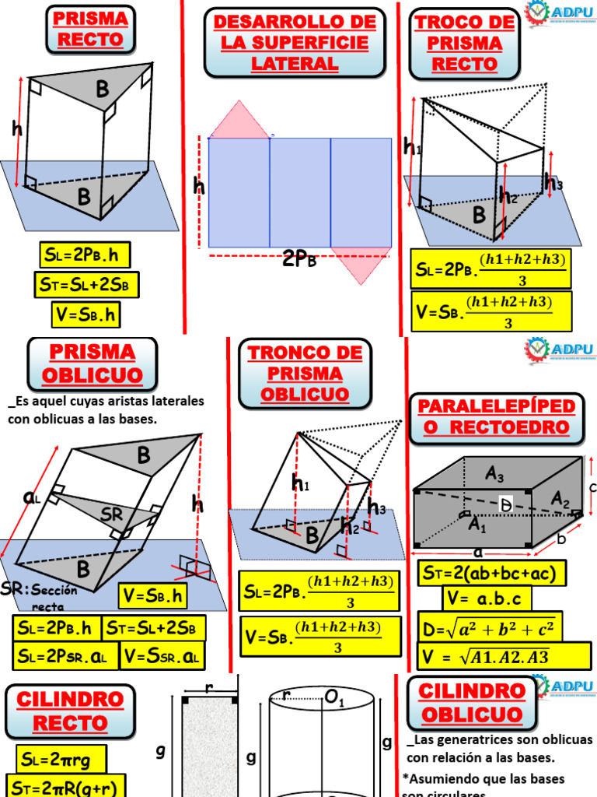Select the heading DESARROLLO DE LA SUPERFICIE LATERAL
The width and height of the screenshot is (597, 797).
coord(295,43)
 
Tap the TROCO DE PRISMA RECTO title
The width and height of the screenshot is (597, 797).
coord(465,43)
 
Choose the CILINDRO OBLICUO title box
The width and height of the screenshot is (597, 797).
coord(472,703)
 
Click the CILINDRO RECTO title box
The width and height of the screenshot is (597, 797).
coord(70,711)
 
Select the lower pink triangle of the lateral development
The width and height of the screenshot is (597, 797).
coord(361,264)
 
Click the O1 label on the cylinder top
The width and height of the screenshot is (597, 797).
coord(335,700)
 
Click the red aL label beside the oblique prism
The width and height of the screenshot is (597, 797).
coord(32,498)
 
